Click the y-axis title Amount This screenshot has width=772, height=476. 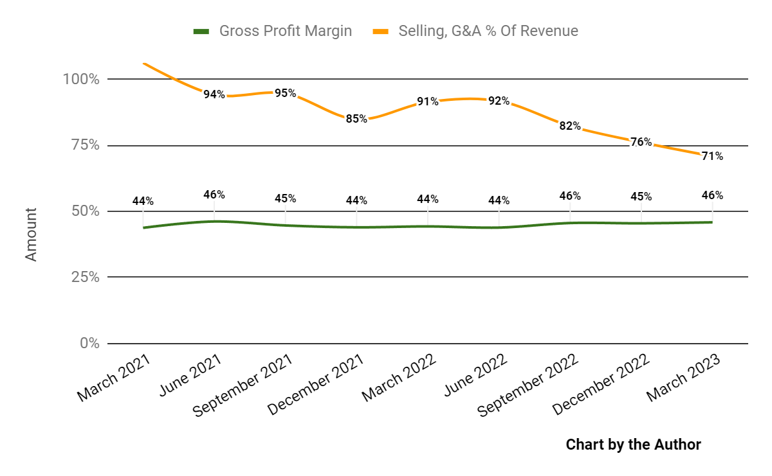pos(31,234)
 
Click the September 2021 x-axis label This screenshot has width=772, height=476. pos(243,385)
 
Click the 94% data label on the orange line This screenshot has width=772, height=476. pos(214,94)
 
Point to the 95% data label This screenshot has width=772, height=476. pos(285,93)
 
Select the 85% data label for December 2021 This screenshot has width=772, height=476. pos(356,119)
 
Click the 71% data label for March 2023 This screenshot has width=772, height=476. pos(712,156)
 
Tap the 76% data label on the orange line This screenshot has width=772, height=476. pos(641,142)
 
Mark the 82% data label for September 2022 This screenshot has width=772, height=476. pos(570,126)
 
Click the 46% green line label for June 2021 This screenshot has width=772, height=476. pos(214,194)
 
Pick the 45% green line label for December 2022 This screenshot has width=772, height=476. pos(641,197)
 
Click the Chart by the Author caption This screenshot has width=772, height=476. pos(633,445)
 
